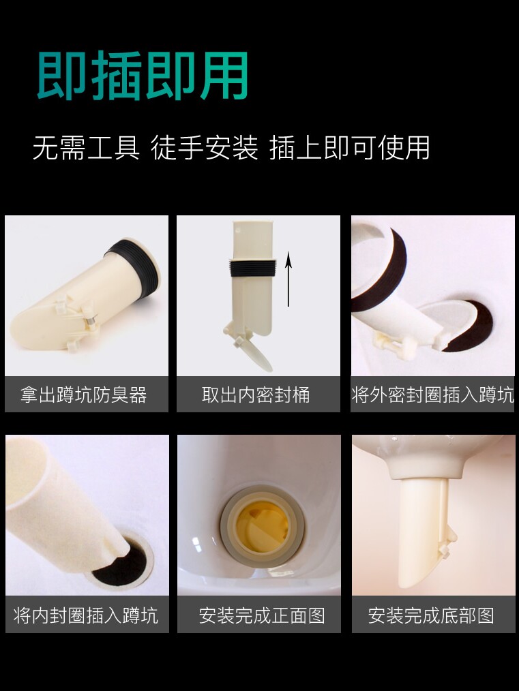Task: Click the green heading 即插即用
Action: pyautogui.click(x=142, y=76)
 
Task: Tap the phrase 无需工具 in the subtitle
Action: pyautogui.click(x=86, y=148)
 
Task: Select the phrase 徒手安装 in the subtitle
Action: pyautogui.click(x=205, y=148)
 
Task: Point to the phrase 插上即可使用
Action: pyautogui.click(x=349, y=148)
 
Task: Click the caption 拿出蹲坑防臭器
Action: pyautogui.click(x=84, y=395)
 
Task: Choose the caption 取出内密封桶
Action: pyautogui.click(x=256, y=395)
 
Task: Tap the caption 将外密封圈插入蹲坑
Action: pyautogui.click(x=432, y=395)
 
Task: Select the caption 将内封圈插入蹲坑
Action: pyautogui.click(x=85, y=615)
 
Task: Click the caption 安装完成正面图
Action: pyautogui.click(x=261, y=615)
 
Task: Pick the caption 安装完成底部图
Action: pyautogui.click(x=431, y=615)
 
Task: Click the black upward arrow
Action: pyautogui.click(x=288, y=279)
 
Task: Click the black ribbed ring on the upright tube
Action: pyautogui.click(x=252, y=268)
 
